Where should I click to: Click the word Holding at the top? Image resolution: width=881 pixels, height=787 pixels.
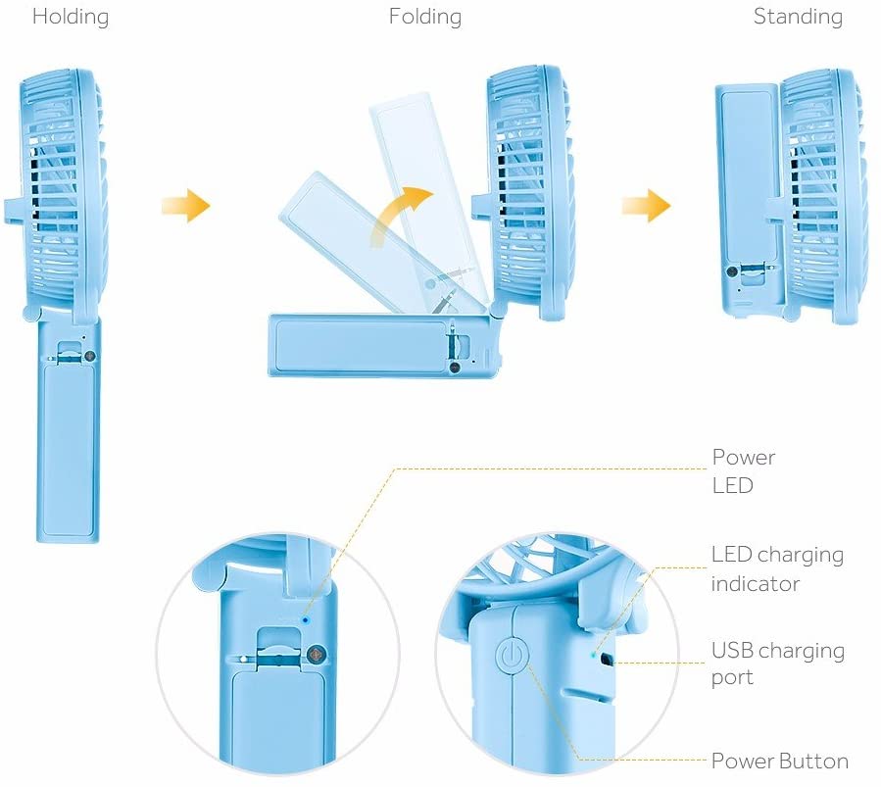[x=71, y=18]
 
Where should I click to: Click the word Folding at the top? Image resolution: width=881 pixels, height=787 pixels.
[x=425, y=18]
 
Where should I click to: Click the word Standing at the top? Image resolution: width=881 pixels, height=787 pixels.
[x=798, y=18]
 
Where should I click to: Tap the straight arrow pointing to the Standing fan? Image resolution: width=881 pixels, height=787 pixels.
[x=646, y=206]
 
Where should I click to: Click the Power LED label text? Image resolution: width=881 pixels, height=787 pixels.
[x=743, y=470]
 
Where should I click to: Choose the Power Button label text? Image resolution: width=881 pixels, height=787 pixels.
[x=779, y=762]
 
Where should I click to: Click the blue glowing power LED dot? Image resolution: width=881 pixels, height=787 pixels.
[x=306, y=619]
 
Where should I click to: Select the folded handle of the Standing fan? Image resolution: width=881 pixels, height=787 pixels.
[x=746, y=196]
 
